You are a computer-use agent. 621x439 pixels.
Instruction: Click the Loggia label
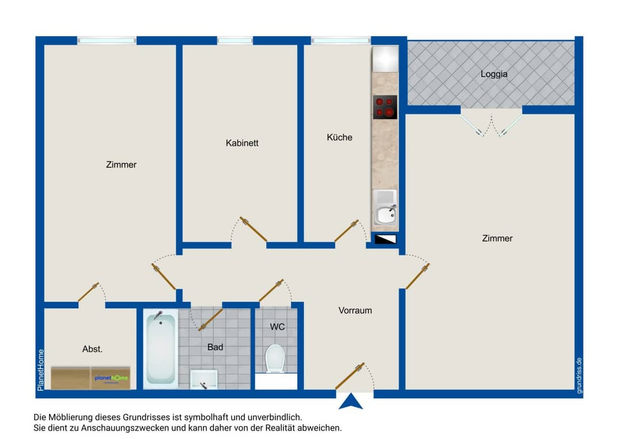(493, 74)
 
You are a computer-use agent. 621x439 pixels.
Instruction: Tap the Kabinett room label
(242, 143)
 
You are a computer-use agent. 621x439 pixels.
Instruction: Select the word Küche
(339, 138)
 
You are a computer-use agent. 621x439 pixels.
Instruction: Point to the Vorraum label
(355, 311)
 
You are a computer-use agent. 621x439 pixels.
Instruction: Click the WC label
(277, 327)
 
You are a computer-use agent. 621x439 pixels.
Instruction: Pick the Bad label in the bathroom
(215, 347)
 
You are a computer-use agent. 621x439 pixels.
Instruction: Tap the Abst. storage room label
(92, 349)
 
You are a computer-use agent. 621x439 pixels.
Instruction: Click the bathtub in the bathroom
(160, 349)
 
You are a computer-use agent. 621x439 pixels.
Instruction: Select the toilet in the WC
(275, 358)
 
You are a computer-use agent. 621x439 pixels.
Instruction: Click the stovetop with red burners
(385, 107)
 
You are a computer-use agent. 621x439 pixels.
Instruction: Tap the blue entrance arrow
(351, 401)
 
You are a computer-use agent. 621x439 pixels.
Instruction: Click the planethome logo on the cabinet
(112, 378)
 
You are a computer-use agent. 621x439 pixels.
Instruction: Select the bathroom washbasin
(204, 379)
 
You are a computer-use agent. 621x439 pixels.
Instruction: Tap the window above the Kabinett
(235, 40)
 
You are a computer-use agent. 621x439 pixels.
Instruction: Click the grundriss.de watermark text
(579, 376)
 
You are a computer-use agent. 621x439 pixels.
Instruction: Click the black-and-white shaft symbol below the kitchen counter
(385, 239)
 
